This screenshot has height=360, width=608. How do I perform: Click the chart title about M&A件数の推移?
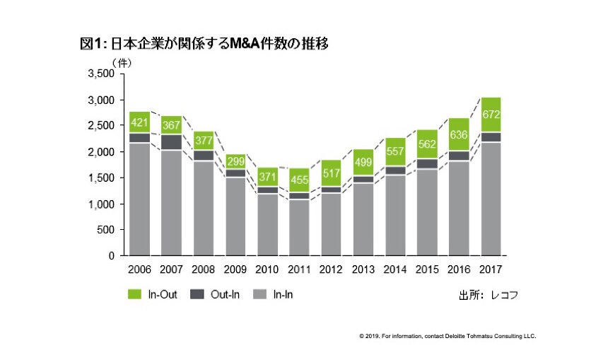point(204,44)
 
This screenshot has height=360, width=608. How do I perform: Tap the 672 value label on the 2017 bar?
point(491,114)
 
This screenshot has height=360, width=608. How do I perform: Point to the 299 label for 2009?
point(235,160)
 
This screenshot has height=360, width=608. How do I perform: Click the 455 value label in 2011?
point(300,180)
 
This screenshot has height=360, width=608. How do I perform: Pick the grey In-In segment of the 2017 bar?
point(491,198)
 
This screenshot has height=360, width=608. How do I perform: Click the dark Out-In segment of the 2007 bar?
point(171,141)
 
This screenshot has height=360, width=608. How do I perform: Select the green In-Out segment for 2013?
point(363,162)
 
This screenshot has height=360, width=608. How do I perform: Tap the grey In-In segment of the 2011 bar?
point(300,227)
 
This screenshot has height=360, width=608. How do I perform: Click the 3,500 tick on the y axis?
point(100,74)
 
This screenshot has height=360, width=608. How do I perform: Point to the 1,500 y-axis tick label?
point(100,178)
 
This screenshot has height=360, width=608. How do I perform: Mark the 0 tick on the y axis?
point(110,256)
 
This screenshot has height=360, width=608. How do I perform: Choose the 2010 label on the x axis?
point(267,269)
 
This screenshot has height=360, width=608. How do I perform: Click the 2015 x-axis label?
point(427,269)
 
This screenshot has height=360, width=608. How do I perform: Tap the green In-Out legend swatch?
point(136,294)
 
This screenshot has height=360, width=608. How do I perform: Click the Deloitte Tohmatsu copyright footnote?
point(448,336)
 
